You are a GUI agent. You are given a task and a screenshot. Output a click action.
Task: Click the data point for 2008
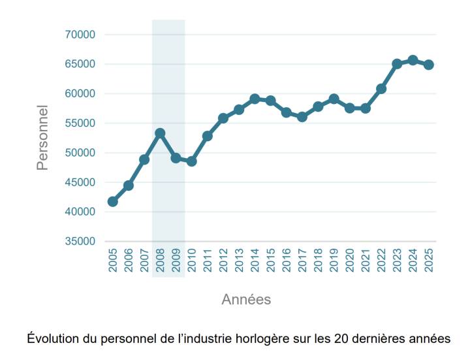tap(160, 133)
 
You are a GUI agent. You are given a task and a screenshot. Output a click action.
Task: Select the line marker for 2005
tap(112, 201)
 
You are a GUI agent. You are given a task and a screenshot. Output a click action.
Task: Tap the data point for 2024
tap(413, 60)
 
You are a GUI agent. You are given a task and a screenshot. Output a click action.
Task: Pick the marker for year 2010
tap(191, 161)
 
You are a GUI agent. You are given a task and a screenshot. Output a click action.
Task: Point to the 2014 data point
tap(255, 99)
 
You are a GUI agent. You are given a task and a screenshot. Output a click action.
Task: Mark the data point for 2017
tap(302, 117)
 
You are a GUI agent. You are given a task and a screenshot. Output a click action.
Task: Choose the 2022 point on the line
tap(381, 89)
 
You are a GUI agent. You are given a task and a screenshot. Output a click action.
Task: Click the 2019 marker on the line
tap(334, 99)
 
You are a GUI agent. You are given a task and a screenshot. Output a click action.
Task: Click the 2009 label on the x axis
tap(176, 261)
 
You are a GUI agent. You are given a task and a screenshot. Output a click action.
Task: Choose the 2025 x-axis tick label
tap(428, 261)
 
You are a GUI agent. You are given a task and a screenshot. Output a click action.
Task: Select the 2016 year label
tap(287, 261)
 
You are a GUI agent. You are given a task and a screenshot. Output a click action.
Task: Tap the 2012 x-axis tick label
tap(223, 261)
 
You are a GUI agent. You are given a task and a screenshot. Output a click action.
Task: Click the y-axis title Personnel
tap(42, 138)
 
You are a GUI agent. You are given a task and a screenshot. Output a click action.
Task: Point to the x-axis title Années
tap(246, 300)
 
